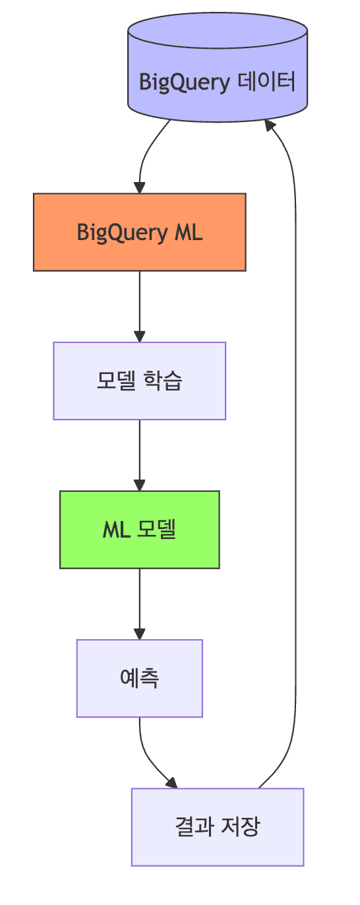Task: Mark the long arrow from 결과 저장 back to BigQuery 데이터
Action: (x=294, y=462)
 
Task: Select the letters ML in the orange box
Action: (x=188, y=232)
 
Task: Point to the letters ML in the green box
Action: (x=116, y=530)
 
